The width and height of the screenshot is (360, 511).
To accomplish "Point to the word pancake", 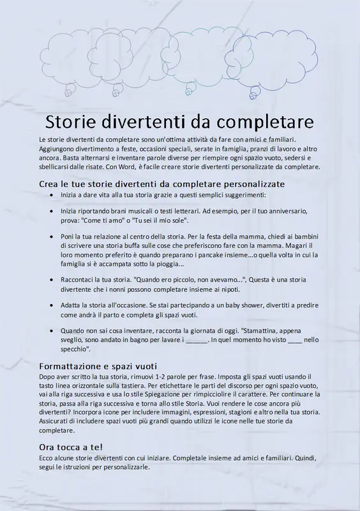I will [x=209, y=254].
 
